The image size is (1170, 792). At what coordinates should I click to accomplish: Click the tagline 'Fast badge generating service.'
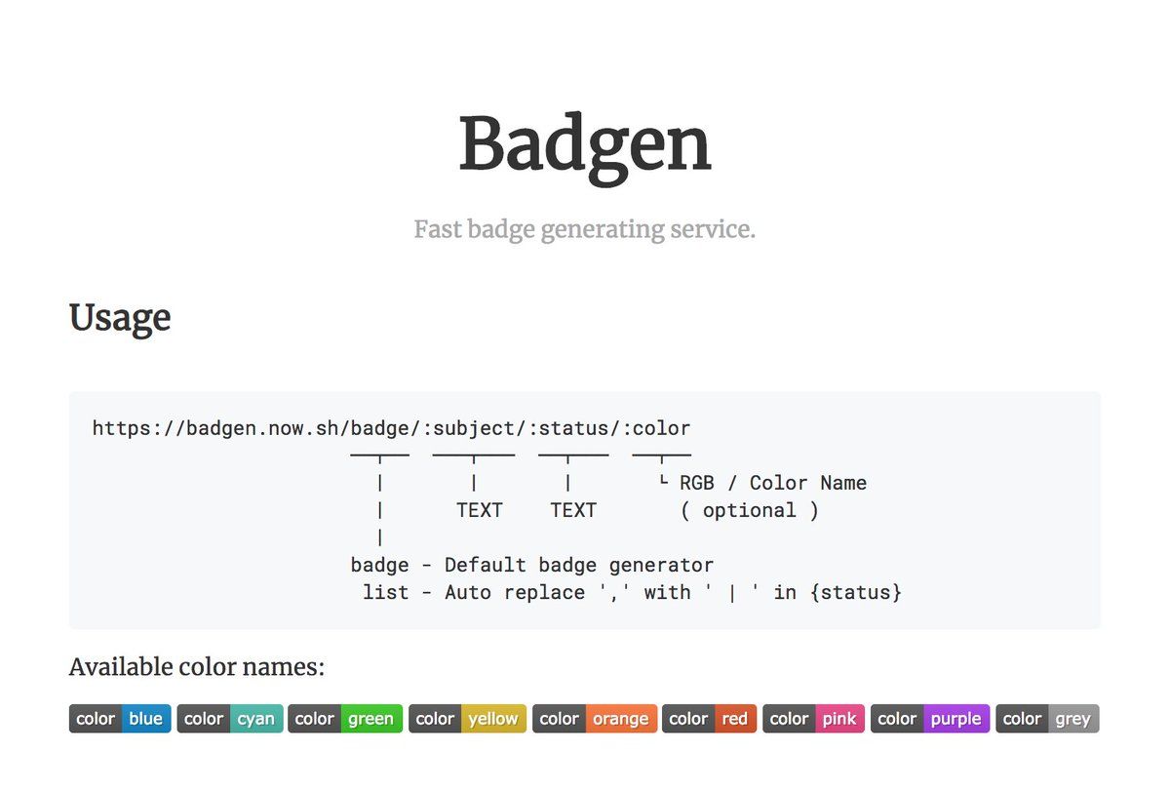tap(584, 229)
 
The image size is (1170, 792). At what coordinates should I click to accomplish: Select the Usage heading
tap(120, 318)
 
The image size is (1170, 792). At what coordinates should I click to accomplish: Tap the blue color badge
tap(120, 718)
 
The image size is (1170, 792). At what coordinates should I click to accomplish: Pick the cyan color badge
tap(230, 718)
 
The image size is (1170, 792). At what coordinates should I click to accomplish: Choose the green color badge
tap(345, 718)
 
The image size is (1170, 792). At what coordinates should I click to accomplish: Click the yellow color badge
tap(467, 718)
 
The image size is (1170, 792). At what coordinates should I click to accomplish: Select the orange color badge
tap(595, 718)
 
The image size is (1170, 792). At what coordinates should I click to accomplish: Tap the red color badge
tap(710, 718)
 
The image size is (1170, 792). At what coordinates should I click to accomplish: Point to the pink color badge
tap(814, 718)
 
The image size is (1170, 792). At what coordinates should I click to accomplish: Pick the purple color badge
tap(930, 718)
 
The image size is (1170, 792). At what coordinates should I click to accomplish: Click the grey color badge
tap(1048, 718)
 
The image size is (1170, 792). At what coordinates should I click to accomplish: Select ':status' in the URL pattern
tap(568, 429)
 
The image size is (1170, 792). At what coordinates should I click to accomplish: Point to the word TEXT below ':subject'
tap(480, 510)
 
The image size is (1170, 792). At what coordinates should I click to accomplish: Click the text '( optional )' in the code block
tap(750, 510)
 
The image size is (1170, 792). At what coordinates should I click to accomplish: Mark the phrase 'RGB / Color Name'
tap(773, 483)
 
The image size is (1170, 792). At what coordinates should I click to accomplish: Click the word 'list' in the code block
tap(385, 592)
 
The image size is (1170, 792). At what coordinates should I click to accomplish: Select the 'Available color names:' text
tap(197, 667)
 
